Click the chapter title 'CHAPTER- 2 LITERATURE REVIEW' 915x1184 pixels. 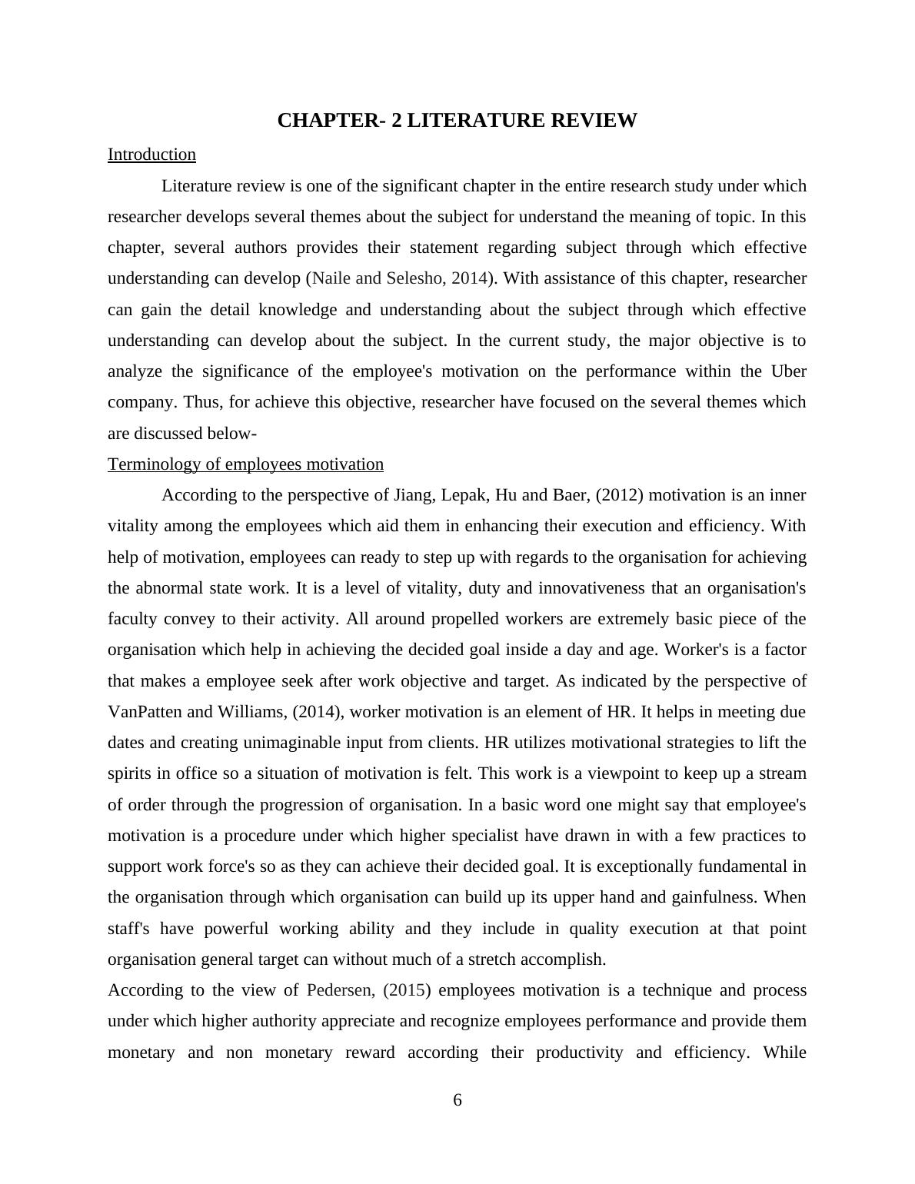(457, 121)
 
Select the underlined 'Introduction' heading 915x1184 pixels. (151, 155)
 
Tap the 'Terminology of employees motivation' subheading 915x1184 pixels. (245, 464)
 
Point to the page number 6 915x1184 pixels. (457, 1100)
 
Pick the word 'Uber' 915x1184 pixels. (788, 371)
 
